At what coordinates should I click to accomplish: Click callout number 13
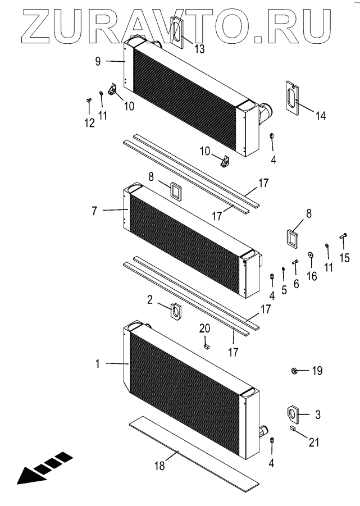[200, 48]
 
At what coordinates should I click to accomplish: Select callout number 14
[320, 116]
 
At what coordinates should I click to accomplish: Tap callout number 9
[98, 62]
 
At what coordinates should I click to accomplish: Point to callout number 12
[89, 124]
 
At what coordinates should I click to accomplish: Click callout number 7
[95, 211]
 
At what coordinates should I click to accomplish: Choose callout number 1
[98, 364]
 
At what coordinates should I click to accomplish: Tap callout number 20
[205, 329]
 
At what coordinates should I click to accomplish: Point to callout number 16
[312, 276]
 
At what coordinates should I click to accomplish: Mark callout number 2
[150, 300]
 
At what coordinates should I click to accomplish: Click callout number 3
[317, 415]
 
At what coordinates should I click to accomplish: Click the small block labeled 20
[206, 347]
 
